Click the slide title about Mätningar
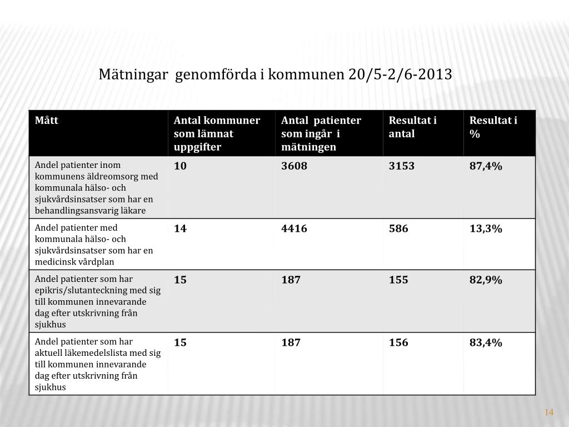(x=276, y=74)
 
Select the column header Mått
(x=47, y=121)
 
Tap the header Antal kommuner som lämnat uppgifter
(x=217, y=133)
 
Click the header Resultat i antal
(x=413, y=127)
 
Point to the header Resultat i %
(x=493, y=127)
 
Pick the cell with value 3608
(x=294, y=166)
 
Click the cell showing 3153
(x=401, y=166)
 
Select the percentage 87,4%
(x=486, y=166)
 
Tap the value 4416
(x=294, y=229)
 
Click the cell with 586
(x=398, y=229)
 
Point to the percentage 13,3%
(x=486, y=229)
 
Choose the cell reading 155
(x=398, y=280)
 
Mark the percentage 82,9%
(x=486, y=280)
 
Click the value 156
(x=398, y=342)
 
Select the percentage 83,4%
(x=486, y=342)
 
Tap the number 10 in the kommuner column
(x=180, y=166)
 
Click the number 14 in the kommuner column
(x=180, y=229)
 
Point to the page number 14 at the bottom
(x=549, y=412)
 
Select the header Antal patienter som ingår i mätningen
(x=321, y=133)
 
